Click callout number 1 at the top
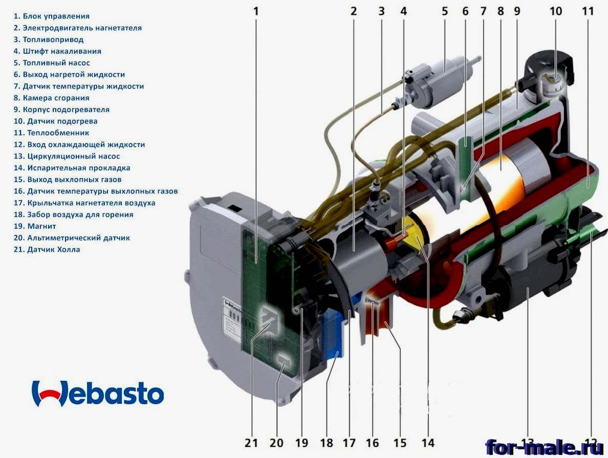pyautogui.click(x=256, y=11)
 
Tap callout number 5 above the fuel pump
pyautogui.click(x=444, y=11)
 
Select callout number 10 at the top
pyautogui.click(x=556, y=11)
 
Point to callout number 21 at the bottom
pyautogui.click(x=251, y=443)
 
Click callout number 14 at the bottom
pyautogui.click(x=427, y=443)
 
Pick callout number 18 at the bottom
pyautogui.click(x=326, y=443)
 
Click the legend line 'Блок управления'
pyautogui.click(x=51, y=16)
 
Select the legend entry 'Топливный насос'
pyautogui.click(x=52, y=63)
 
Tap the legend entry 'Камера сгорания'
pyautogui.click(x=51, y=98)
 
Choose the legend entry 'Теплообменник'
pyautogui.click(x=51, y=133)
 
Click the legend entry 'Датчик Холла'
pyautogui.click(x=47, y=249)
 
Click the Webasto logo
pyautogui.click(x=98, y=393)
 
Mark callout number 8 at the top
pyautogui.click(x=500, y=11)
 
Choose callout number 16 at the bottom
pyautogui.click(x=372, y=443)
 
